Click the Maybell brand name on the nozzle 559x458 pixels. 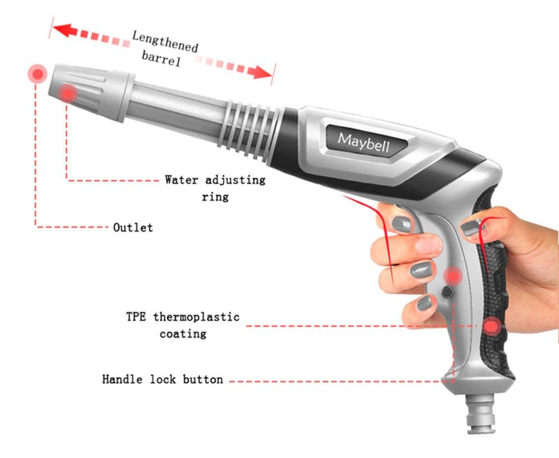point(363,142)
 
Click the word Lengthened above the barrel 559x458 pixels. point(165,42)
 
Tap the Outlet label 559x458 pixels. point(133,228)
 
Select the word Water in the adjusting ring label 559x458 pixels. point(181,179)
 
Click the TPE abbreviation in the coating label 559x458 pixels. point(136,316)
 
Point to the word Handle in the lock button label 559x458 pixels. point(122,379)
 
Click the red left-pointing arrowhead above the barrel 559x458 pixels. point(65,31)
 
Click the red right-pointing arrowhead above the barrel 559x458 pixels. point(259,73)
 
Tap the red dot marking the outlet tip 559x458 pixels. point(38,74)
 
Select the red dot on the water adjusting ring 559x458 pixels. point(68,94)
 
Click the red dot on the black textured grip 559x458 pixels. point(492,326)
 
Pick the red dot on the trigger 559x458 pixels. point(453,276)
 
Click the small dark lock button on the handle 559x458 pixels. point(447,293)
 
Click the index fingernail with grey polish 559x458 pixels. point(402,224)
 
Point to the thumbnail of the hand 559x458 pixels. point(473,228)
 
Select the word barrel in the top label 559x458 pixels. point(161,59)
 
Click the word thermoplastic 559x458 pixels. point(196,317)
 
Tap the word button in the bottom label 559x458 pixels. point(203,379)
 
